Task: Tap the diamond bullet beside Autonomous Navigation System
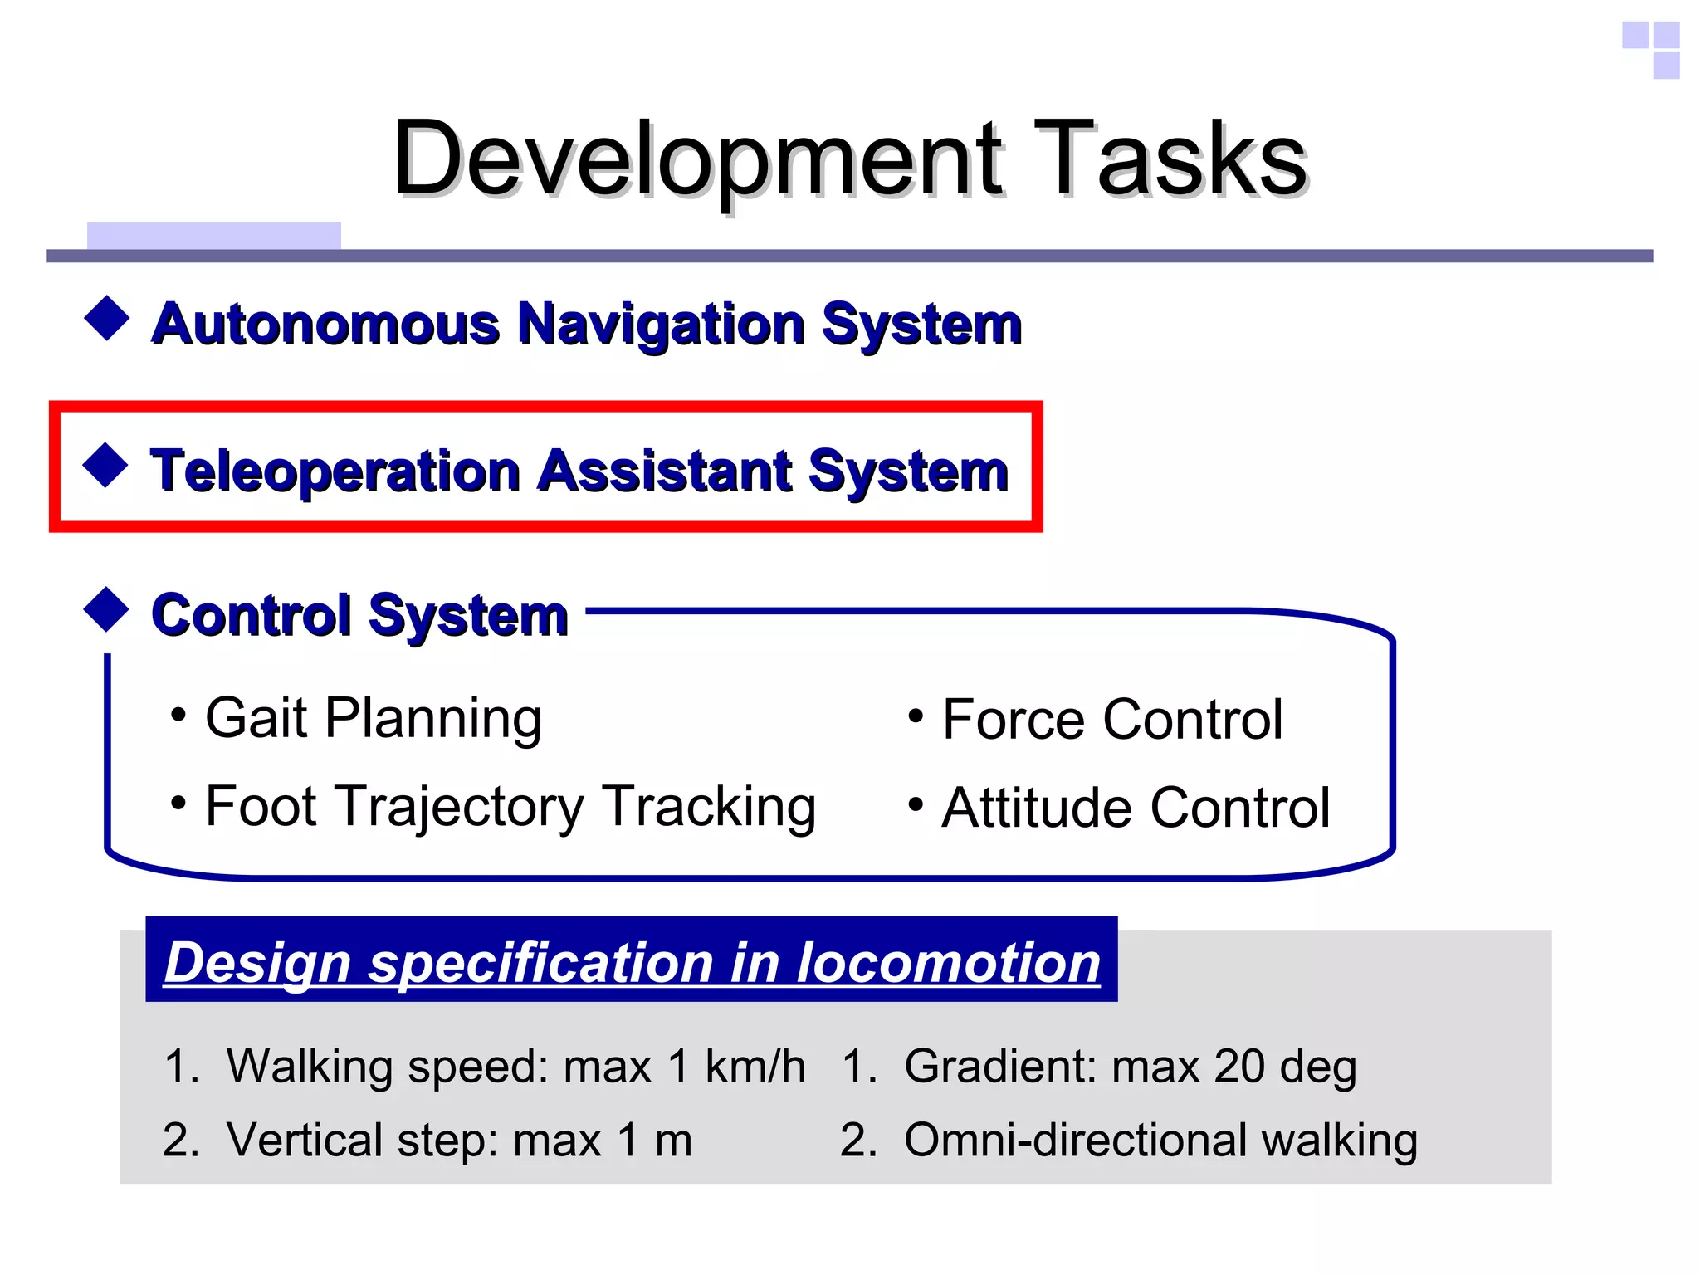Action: coord(107,318)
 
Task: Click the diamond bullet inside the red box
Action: coord(105,465)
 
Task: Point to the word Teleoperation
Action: coord(335,471)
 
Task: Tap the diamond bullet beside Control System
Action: coord(107,610)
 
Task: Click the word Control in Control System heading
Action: coord(252,616)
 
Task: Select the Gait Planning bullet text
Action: coord(374,718)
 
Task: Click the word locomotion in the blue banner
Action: coord(948,963)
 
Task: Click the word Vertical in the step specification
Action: coord(303,1140)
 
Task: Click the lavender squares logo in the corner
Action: coord(1652,49)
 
